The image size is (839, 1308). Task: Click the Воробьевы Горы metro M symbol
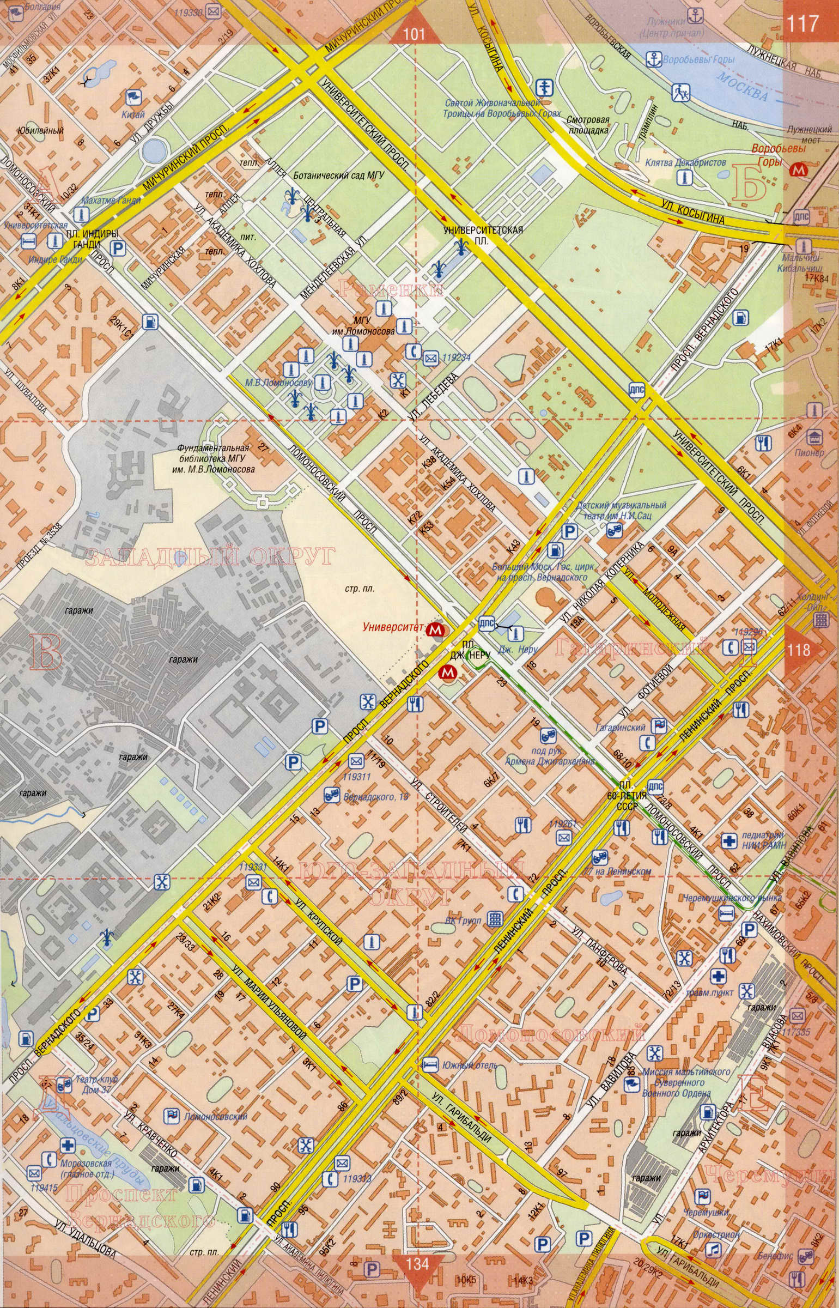(798, 169)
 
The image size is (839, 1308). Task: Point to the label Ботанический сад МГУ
(339, 175)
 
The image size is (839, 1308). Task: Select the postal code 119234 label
(457, 358)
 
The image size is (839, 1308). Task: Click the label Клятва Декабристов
(685, 162)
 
